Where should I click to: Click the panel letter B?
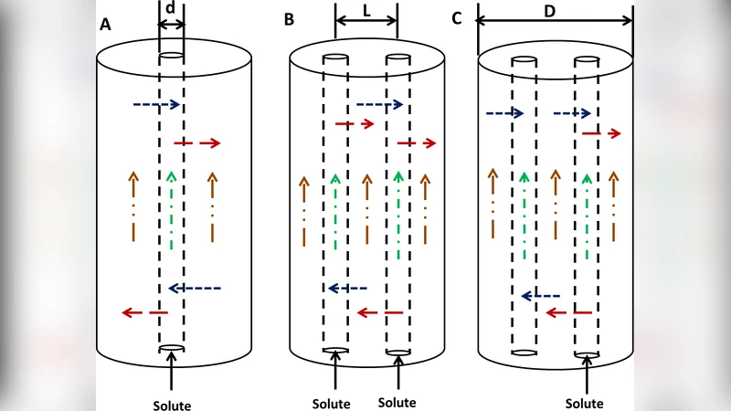[x=289, y=19]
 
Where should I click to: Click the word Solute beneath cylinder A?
[x=172, y=404]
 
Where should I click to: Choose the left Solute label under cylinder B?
[x=332, y=403]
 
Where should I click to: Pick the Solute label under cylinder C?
[x=584, y=403]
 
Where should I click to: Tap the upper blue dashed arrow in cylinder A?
[x=157, y=105]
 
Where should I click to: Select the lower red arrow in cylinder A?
[x=144, y=313]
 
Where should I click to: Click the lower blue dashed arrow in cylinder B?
[x=347, y=288]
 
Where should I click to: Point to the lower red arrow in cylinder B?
[x=379, y=313]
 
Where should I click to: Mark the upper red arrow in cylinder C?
[x=601, y=133]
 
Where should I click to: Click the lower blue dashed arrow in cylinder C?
[x=540, y=295]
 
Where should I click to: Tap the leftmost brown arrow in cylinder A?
[x=132, y=205]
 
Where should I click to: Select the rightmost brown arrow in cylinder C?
[x=615, y=205]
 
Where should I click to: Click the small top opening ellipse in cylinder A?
[x=172, y=57]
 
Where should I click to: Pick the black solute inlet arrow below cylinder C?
[x=585, y=374]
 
